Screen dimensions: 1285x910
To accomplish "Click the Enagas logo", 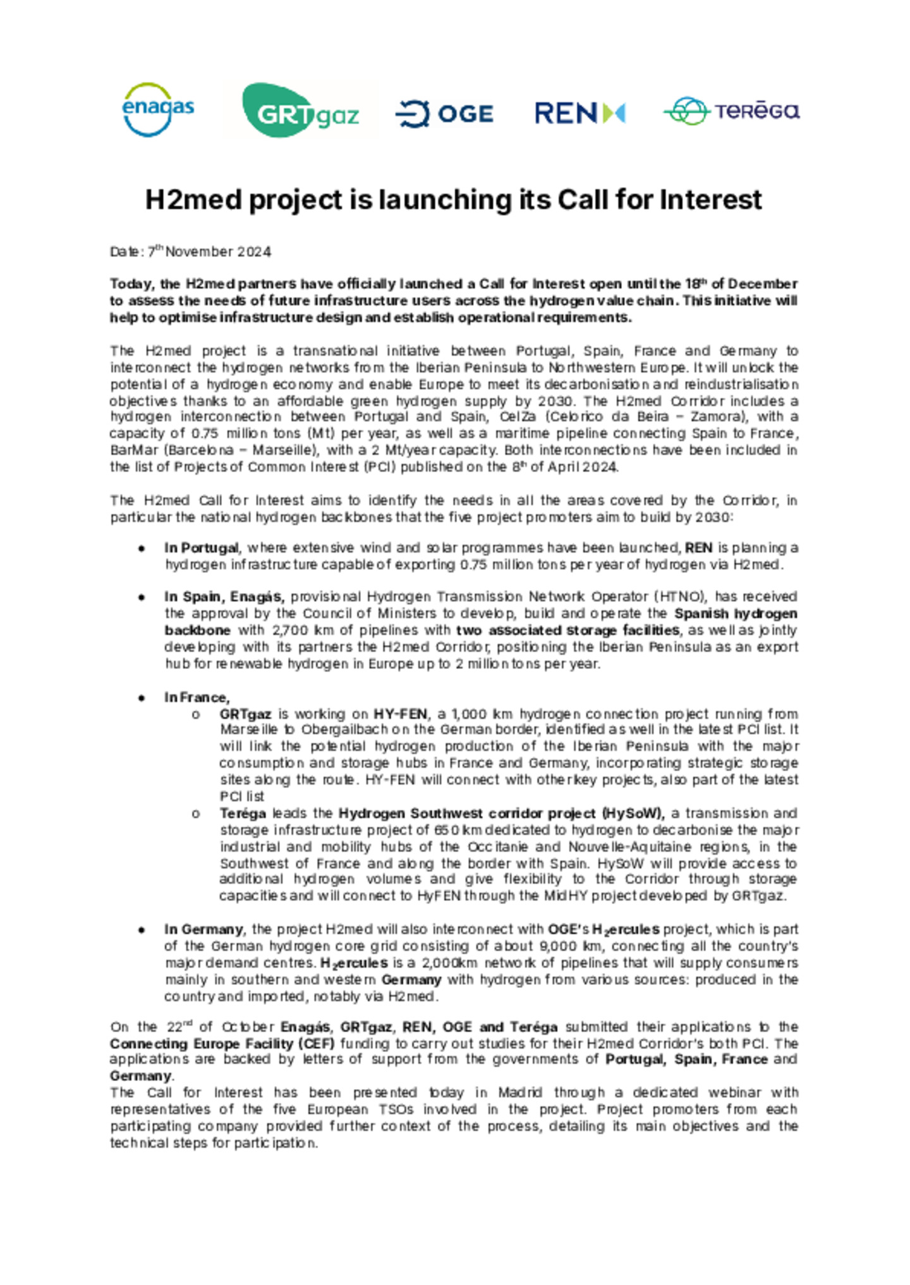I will point(157,109).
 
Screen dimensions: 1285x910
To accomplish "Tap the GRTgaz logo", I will point(301,111).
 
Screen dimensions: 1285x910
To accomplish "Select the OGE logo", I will point(444,114).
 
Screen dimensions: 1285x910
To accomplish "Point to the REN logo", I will point(579,113).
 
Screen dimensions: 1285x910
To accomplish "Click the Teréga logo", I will point(731,111).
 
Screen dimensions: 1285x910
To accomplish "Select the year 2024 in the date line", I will point(254,251).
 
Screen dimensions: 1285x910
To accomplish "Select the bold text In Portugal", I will point(202,548).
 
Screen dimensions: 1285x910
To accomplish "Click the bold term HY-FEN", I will point(401,714).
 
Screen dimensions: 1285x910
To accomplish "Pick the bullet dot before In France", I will point(142,698).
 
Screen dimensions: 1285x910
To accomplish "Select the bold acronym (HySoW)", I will point(633,813).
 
